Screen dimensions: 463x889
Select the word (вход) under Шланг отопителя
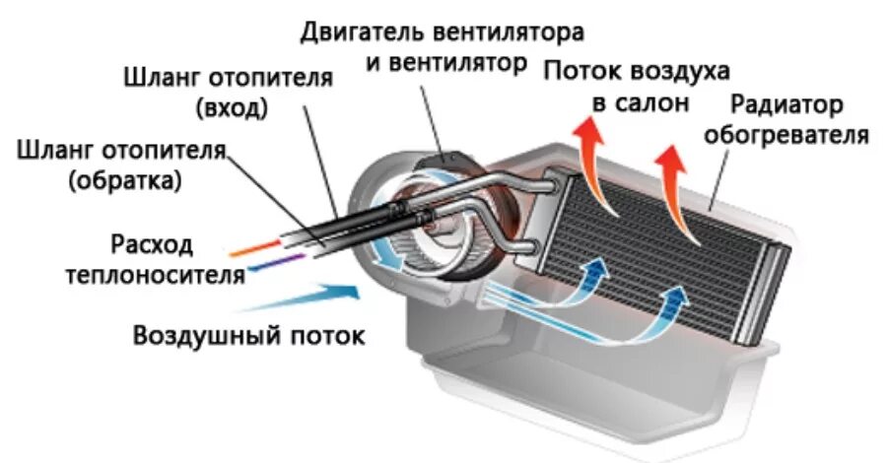point(233,106)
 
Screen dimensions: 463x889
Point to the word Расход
point(154,243)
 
